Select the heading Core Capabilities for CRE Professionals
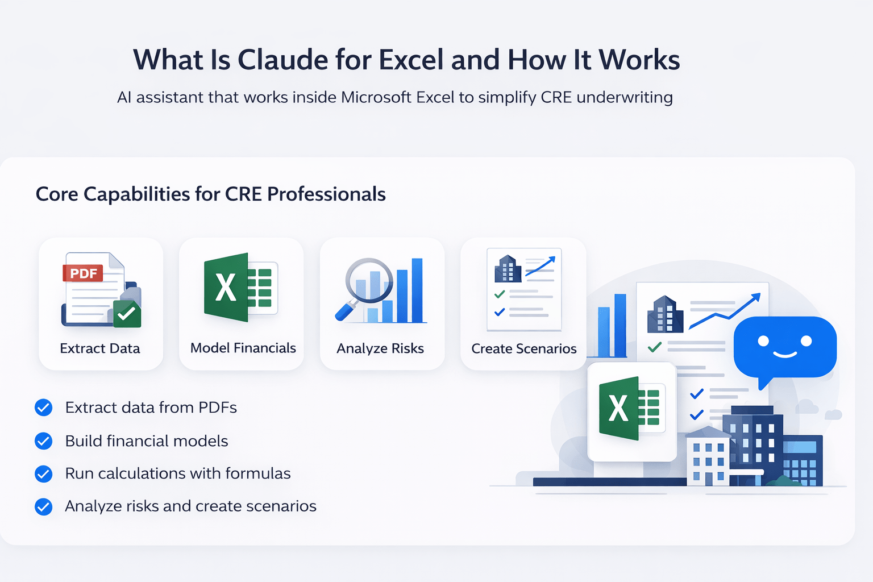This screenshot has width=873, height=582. click(x=210, y=194)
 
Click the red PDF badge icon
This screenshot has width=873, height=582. click(x=83, y=273)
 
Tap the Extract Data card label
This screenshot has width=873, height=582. click(x=100, y=348)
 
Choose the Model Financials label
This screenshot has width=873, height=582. click(x=243, y=348)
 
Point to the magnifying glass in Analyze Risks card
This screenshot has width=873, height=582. click(x=367, y=284)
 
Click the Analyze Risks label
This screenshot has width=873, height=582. click(x=380, y=348)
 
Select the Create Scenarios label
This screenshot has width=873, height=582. click(x=523, y=348)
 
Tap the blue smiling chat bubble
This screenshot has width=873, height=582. click(x=784, y=347)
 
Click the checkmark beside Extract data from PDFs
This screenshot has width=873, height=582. click(x=44, y=408)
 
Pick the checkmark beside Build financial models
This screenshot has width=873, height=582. click(x=44, y=441)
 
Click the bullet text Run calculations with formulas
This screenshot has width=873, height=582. click(x=177, y=473)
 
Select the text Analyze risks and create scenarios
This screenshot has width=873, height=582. click(x=190, y=506)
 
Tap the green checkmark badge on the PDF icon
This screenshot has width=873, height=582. click(x=127, y=313)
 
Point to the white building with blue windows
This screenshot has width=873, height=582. click(x=708, y=458)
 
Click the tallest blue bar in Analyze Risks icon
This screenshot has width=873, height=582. click(x=417, y=290)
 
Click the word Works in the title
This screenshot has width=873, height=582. click(x=639, y=60)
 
